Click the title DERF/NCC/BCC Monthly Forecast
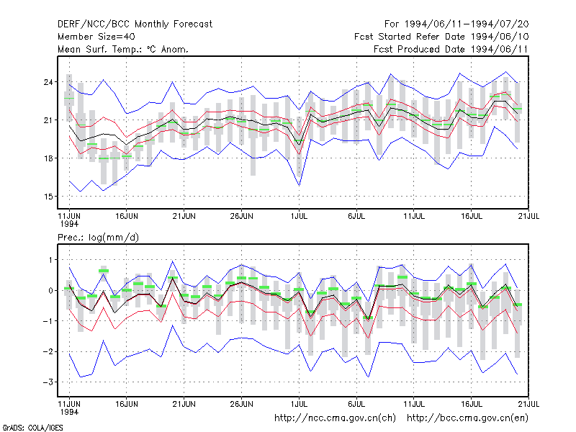point(135,24)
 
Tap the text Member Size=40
point(96,37)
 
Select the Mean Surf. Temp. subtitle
point(122,49)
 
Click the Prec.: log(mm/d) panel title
point(98,238)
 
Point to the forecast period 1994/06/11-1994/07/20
point(456,24)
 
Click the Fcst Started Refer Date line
point(441,37)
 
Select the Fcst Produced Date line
point(451,49)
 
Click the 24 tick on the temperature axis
point(48,82)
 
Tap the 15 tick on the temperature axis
point(48,197)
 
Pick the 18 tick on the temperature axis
point(48,158)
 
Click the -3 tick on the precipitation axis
point(48,382)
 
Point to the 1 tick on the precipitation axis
point(50,260)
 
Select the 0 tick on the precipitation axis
point(50,291)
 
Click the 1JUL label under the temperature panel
point(299,217)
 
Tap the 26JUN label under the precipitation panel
point(241,404)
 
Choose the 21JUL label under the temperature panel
point(528,217)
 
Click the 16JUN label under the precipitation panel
point(127,404)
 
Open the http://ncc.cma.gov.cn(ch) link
point(335,418)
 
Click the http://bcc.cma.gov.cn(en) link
point(467,418)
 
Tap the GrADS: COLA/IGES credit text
point(32,428)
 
